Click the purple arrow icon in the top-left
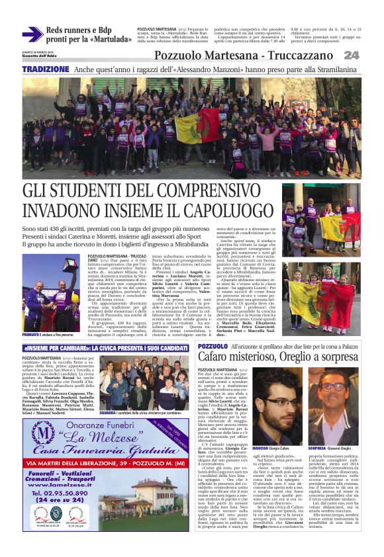pyautogui.click(x=32, y=34)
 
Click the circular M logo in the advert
pyautogui.click(x=44, y=433)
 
